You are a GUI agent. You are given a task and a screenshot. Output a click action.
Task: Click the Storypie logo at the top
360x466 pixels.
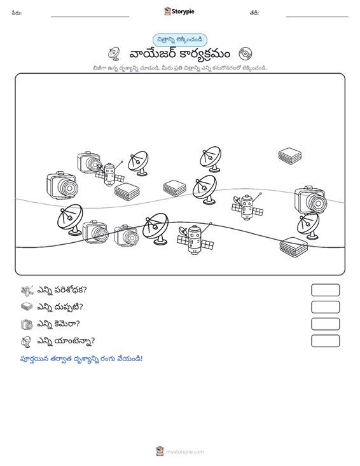[x=179, y=11]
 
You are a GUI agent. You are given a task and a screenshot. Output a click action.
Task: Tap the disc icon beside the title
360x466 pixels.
[x=246, y=54]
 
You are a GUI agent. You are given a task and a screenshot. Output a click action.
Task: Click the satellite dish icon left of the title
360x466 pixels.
[x=114, y=54]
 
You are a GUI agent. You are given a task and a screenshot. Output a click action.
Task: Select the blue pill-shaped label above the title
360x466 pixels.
[x=180, y=40]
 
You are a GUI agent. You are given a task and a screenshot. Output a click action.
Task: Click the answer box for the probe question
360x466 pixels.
[x=325, y=290]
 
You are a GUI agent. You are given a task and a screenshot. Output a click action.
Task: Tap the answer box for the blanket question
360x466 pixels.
[x=325, y=307]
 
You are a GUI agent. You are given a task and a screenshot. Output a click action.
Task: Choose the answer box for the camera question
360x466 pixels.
[x=325, y=324]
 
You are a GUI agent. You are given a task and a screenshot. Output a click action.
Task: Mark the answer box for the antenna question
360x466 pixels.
[x=325, y=341]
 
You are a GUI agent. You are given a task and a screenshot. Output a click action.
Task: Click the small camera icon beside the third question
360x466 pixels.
[x=27, y=324]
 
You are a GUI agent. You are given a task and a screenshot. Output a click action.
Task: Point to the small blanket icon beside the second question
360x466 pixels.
[x=27, y=306]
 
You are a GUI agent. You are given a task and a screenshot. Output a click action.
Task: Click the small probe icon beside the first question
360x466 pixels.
[x=27, y=291]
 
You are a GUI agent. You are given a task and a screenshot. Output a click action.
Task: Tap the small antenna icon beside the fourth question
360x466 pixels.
[x=26, y=341]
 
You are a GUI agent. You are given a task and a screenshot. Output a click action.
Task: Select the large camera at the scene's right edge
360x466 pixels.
[x=310, y=200]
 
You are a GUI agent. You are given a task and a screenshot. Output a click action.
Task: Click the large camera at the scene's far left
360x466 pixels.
[x=62, y=185]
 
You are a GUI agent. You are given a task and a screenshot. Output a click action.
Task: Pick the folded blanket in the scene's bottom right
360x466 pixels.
[x=294, y=247]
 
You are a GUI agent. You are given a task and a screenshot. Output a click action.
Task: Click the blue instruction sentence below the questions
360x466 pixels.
[x=81, y=359]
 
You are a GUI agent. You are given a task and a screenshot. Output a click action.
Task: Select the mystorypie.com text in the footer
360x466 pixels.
[x=185, y=452]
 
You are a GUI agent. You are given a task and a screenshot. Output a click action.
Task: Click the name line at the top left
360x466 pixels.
[x=90, y=17]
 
